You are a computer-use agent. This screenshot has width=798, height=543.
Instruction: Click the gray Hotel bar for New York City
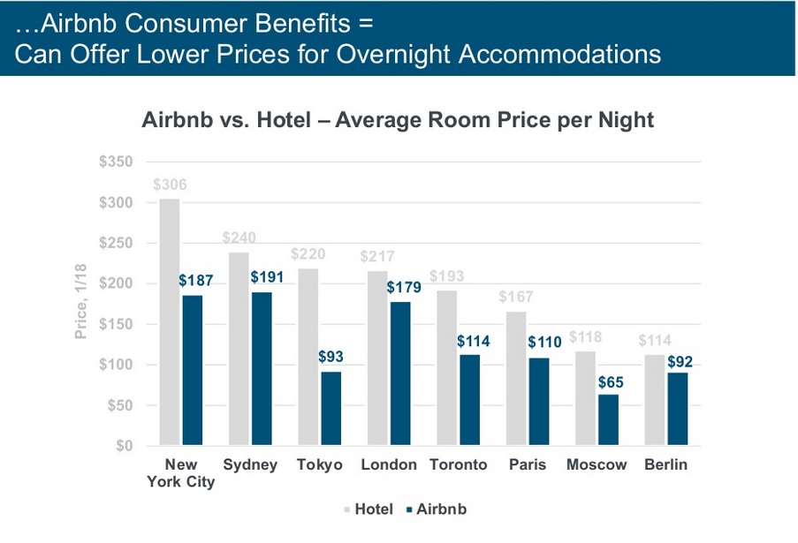(169, 322)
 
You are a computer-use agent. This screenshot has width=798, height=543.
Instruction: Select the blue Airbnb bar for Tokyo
(331, 408)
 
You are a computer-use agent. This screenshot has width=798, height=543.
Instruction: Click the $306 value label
(169, 186)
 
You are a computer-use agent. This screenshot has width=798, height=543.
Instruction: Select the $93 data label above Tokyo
(331, 358)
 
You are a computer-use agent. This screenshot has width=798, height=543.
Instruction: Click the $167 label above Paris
(516, 298)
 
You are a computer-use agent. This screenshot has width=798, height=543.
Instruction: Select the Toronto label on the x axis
(458, 465)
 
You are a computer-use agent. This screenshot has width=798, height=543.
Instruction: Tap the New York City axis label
(180, 473)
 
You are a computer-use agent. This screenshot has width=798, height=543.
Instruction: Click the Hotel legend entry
(366, 509)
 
